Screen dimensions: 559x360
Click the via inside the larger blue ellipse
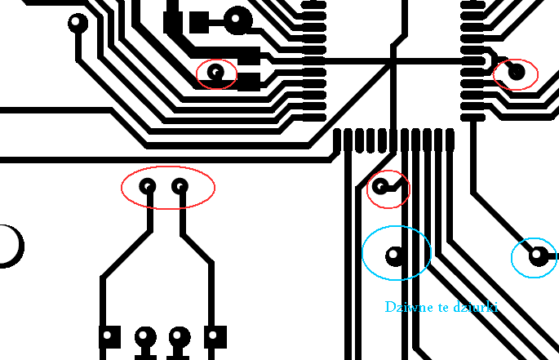click(x=394, y=256)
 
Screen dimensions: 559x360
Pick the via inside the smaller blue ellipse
click(x=538, y=256)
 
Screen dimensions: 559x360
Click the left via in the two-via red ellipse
click(x=148, y=187)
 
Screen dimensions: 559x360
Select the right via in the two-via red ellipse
click(x=180, y=187)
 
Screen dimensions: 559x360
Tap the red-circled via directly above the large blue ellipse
click(x=380, y=187)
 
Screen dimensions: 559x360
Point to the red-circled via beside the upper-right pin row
click(x=517, y=72)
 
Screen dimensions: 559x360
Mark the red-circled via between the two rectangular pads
click(x=215, y=73)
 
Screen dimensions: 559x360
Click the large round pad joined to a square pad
click(x=237, y=20)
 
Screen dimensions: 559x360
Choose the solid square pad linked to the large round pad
click(x=199, y=22)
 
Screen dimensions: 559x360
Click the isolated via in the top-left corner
click(x=78, y=23)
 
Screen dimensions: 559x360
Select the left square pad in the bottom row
click(x=109, y=337)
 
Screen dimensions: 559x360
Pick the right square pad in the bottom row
click(x=215, y=337)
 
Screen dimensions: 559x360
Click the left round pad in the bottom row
click(x=145, y=336)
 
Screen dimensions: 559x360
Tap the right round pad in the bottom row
click(x=180, y=336)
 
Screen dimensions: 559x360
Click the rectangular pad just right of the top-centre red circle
click(x=249, y=82)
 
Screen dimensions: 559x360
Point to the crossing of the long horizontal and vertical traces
click(x=393, y=62)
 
